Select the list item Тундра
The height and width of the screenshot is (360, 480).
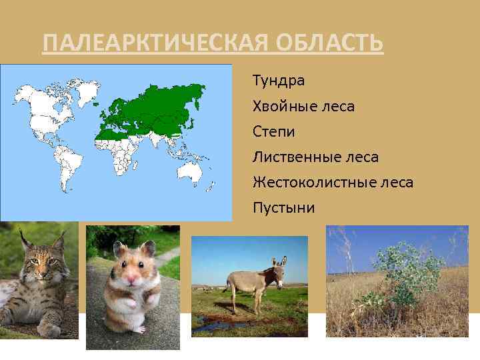pos(279,81)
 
